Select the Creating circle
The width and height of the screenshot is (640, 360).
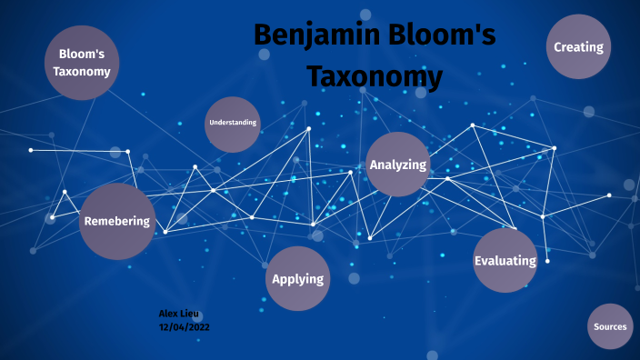578,46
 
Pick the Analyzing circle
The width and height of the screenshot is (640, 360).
397,165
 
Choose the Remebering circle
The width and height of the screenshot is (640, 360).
116,221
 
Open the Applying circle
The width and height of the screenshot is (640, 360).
297,278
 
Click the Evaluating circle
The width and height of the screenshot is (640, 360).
505,261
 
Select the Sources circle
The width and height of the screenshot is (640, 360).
610,326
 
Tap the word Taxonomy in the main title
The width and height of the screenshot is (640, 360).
374,75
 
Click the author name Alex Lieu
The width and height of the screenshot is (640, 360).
178,314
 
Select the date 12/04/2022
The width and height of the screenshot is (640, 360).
185,326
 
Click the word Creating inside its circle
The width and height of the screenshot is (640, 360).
578,47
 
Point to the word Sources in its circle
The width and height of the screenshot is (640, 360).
610,326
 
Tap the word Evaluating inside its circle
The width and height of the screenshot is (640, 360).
505,261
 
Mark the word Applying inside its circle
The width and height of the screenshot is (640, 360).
297,279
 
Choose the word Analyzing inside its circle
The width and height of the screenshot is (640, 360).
397,165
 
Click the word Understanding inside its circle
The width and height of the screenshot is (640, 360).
233,122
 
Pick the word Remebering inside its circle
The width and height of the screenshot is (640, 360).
116,222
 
